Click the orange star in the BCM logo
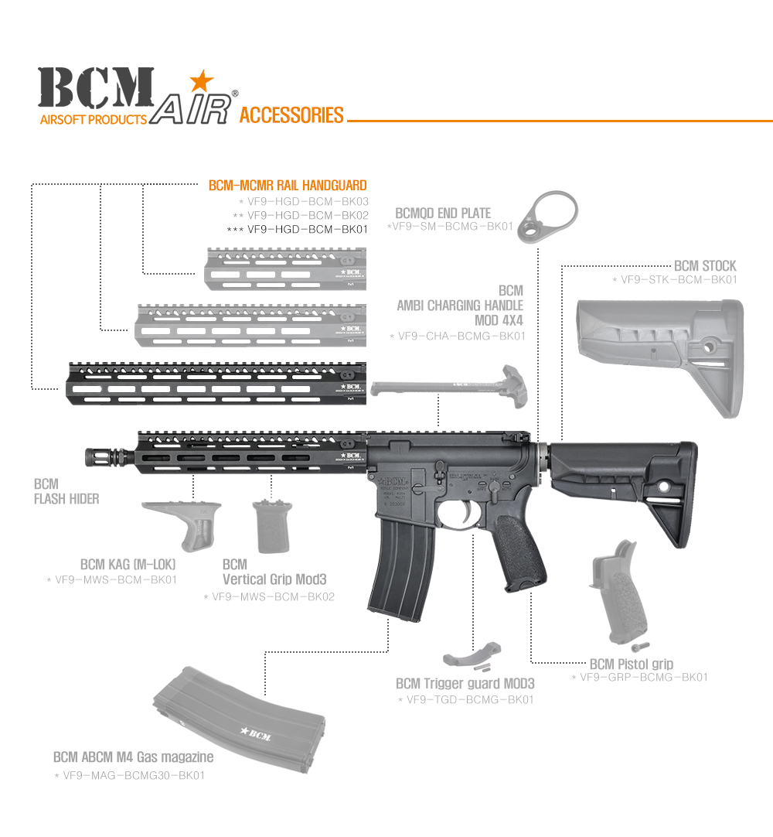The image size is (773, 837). coord(201,80)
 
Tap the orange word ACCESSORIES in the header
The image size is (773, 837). coord(291,116)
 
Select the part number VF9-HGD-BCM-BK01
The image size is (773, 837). coord(308,229)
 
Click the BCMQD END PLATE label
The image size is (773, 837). coord(443,213)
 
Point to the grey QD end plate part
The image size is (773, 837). coord(549,220)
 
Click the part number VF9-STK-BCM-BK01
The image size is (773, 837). coord(679,279)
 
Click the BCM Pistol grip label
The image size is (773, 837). coord(631,664)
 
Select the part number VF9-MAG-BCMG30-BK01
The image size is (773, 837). coord(134,774)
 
